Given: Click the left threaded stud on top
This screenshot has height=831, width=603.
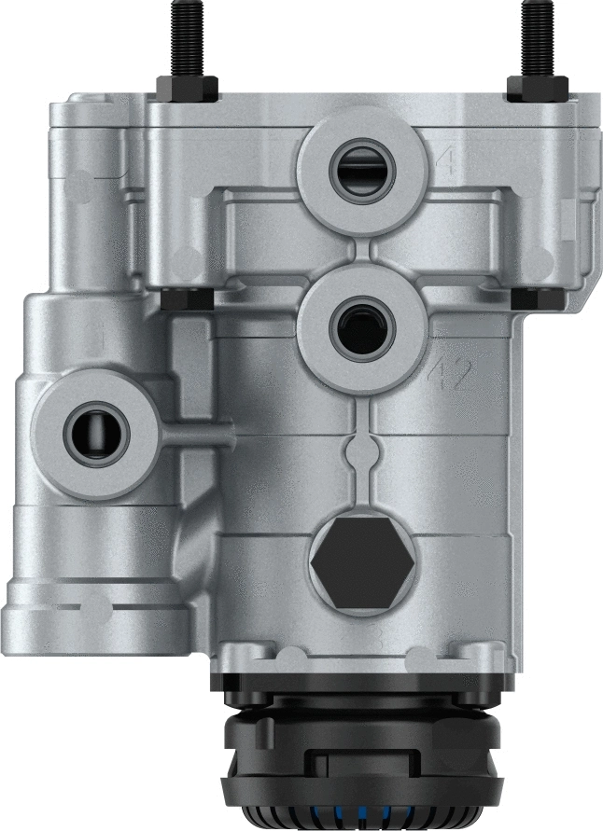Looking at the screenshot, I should click(x=184, y=37).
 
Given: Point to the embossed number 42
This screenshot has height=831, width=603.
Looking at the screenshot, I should click(x=451, y=375).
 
